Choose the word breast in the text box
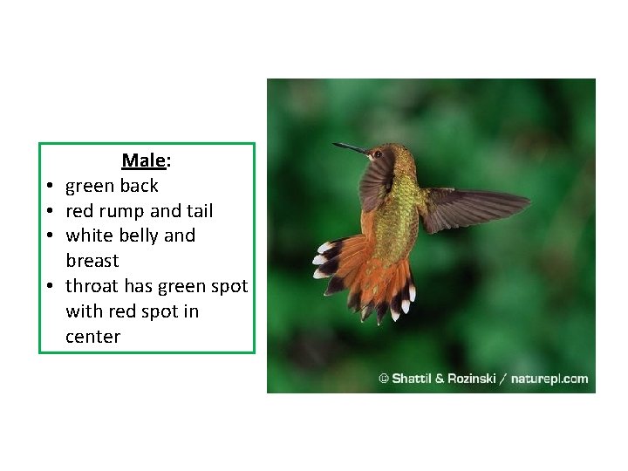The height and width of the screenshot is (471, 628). click(x=92, y=261)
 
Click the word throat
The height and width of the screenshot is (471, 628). click(x=92, y=286)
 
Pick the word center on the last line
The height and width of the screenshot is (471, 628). click(x=92, y=337)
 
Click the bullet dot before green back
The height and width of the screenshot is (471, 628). click(x=52, y=187)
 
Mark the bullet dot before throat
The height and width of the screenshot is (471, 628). click(x=52, y=287)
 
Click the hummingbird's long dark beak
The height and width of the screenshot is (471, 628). click(x=351, y=148)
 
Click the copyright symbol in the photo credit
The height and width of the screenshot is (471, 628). click(x=383, y=379)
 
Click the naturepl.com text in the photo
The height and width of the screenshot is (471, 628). click(x=549, y=379)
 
